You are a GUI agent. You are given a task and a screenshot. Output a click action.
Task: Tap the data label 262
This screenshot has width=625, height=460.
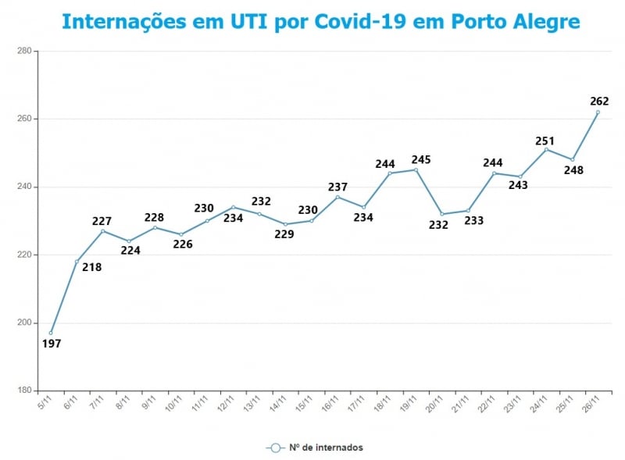click(x=599, y=101)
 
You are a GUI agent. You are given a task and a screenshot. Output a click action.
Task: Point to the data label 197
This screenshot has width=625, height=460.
click(x=52, y=343)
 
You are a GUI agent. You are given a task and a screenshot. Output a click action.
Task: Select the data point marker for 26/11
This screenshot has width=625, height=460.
click(x=598, y=112)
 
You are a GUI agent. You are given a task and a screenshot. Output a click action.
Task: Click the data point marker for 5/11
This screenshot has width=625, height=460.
click(x=51, y=333)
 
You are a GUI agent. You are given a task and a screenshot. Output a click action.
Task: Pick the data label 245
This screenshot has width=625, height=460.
click(x=421, y=159)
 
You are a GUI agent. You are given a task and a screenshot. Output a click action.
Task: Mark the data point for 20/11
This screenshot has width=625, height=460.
click(x=442, y=214)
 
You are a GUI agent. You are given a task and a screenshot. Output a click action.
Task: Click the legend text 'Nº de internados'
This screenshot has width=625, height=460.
click(x=326, y=448)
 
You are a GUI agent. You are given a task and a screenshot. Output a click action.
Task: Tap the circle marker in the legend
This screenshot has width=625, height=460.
click(x=274, y=448)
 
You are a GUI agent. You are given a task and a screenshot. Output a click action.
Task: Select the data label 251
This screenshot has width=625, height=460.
click(x=545, y=141)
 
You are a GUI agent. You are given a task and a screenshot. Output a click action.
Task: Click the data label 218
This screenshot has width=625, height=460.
click(x=91, y=267)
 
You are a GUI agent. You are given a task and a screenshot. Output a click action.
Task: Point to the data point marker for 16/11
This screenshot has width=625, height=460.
click(x=337, y=197)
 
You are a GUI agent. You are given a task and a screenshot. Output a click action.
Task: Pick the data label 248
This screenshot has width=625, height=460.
click(x=573, y=169)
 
